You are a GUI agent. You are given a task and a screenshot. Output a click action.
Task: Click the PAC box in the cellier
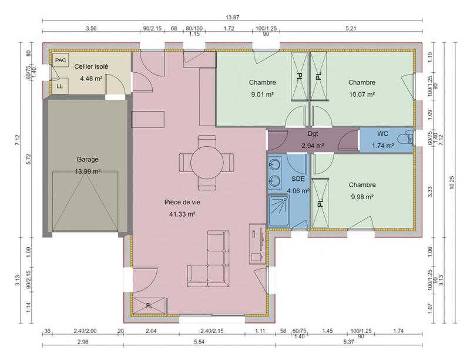pyautogui.click(x=61, y=60)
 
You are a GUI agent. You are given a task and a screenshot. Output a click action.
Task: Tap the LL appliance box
pyautogui.click(x=60, y=86)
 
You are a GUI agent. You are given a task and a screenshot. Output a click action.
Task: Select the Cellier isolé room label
pyautogui.click(x=91, y=66)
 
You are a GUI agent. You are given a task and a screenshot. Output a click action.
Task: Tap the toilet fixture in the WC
pyautogui.click(x=405, y=140)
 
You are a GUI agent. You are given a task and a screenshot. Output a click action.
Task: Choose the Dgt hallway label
pyautogui.click(x=313, y=134)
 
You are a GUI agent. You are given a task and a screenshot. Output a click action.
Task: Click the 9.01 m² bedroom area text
pyautogui.click(x=262, y=93)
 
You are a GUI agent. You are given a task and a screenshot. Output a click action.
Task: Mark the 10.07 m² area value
pyautogui.click(x=361, y=93)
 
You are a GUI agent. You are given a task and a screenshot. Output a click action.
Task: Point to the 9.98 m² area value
pyautogui.click(x=361, y=197)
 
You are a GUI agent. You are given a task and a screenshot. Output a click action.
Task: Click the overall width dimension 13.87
pyautogui.click(x=232, y=18)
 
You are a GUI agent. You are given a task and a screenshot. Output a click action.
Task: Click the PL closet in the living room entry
pyautogui.click(x=149, y=306)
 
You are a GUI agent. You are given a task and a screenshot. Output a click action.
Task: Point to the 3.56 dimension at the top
pyautogui.click(x=91, y=28)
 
